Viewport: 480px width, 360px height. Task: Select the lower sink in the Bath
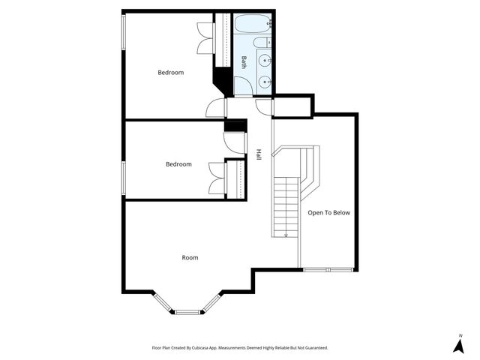[x=265, y=81]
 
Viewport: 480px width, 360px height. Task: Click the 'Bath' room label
[x=244, y=63]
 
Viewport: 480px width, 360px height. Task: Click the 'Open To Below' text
[x=328, y=213]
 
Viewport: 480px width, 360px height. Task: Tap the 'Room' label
[x=190, y=258]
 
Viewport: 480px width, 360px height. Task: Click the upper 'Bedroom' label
[x=170, y=73]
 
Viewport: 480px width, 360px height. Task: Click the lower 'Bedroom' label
[x=178, y=164]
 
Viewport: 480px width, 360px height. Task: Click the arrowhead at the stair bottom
[x=285, y=235]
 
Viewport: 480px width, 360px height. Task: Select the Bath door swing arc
[x=262, y=107]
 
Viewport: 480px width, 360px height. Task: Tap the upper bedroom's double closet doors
[x=205, y=37]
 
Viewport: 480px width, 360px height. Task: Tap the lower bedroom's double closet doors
[x=217, y=178]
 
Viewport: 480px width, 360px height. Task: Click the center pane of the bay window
[x=187, y=310]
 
